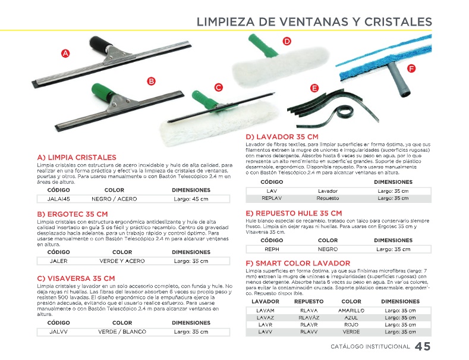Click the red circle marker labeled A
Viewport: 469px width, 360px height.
click(65, 54)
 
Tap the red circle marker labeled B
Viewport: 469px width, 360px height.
click(151, 81)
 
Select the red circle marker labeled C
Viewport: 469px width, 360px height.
click(218, 87)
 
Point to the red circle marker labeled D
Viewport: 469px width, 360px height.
click(287, 41)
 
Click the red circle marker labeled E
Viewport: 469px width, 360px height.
click(314, 88)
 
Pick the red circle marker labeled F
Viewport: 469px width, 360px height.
click(411, 69)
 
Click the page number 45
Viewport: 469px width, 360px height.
click(423, 347)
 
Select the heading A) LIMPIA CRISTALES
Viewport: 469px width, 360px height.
click(77, 158)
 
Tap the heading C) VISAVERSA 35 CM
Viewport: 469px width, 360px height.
click(76, 278)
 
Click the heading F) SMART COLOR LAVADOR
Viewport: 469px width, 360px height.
click(298, 263)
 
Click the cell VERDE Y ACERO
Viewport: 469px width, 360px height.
click(122, 261)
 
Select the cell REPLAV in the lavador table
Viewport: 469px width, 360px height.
click(271, 198)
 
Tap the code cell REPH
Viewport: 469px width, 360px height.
click(272, 249)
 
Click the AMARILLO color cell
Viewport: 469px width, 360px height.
click(351, 311)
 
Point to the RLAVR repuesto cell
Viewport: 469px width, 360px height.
click(309, 325)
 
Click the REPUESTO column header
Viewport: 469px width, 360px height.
click(309, 302)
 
